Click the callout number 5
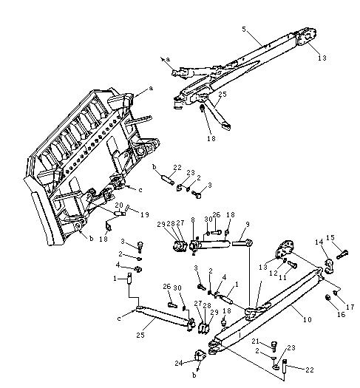pyautogui.click(x=244, y=30)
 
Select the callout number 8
pyautogui.click(x=193, y=220)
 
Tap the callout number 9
pyautogui.click(x=248, y=225)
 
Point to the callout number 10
pyautogui.click(x=307, y=319)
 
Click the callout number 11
pyautogui.click(x=282, y=277)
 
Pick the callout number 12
pyautogui.click(x=274, y=273)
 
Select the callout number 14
pyautogui.click(x=319, y=242)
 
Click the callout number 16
pyautogui.click(x=341, y=314)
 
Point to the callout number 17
pyautogui.click(x=350, y=307)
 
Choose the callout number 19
pyautogui.click(x=145, y=214)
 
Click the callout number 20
pyautogui.click(x=119, y=205)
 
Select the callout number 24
pyautogui.click(x=179, y=364)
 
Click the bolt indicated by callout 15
pyautogui.click(x=342, y=254)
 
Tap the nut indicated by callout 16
pyautogui.click(x=327, y=298)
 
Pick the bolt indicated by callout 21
pyautogui.click(x=274, y=347)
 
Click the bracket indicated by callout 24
pyautogui.click(x=200, y=355)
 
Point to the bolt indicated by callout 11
pyautogui.click(x=292, y=265)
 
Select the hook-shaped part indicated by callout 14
pyautogui.click(x=329, y=266)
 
